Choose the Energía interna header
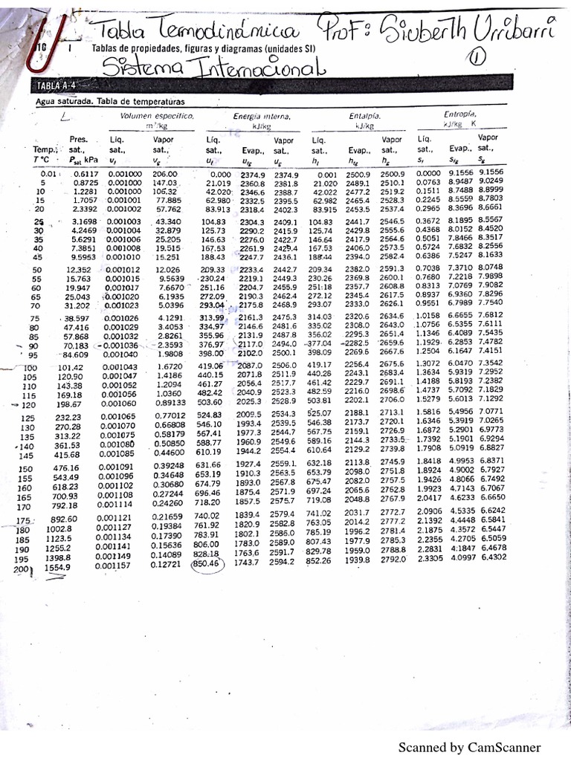(261, 117)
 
